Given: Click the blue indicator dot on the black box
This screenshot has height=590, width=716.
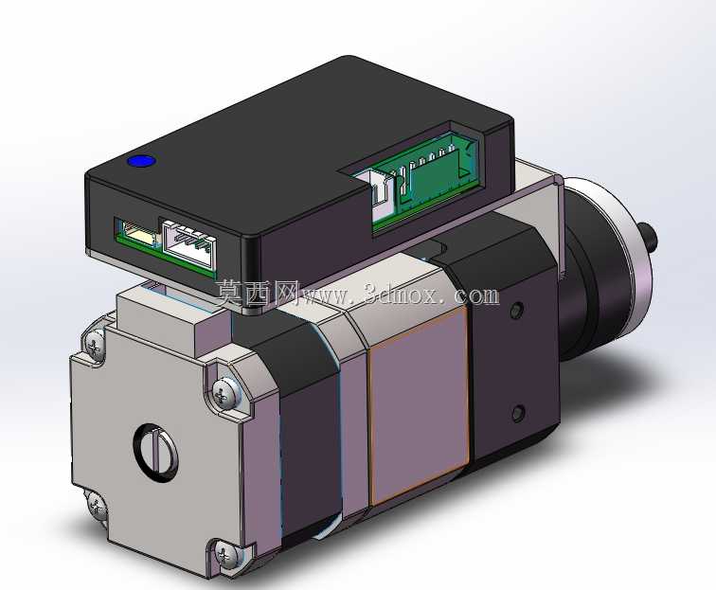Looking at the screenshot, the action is [x=141, y=161].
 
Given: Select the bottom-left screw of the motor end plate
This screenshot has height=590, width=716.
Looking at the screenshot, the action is [x=96, y=507].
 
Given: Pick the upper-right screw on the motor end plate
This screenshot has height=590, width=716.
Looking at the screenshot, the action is [x=224, y=393].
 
